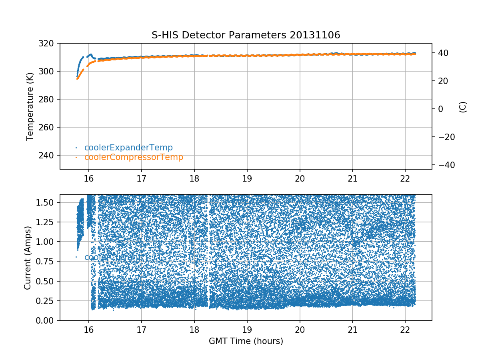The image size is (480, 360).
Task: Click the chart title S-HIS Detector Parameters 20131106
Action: (x=246, y=35)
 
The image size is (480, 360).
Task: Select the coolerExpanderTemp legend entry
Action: (x=128, y=148)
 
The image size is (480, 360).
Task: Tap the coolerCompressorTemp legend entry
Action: (x=134, y=157)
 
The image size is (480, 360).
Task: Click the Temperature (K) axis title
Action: (x=30, y=106)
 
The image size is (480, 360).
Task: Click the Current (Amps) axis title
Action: (x=28, y=257)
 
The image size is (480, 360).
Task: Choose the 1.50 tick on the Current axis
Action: (x=47, y=202)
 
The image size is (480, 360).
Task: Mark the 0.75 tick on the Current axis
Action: (x=47, y=261)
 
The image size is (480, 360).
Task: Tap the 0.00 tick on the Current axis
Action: (x=47, y=320)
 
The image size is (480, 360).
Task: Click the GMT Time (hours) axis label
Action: (x=246, y=341)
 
